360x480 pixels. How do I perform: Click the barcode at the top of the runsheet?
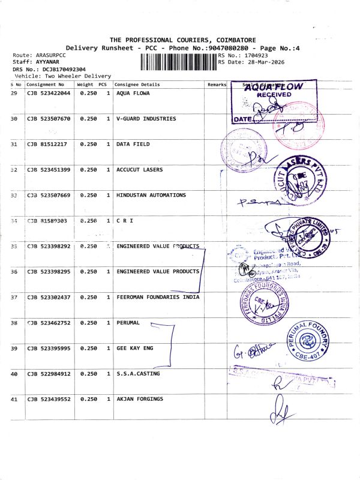click(178, 62)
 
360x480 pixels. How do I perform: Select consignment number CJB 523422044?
click(49, 94)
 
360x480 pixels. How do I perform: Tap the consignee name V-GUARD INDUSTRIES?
click(146, 119)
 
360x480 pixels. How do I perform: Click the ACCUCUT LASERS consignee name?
click(139, 170)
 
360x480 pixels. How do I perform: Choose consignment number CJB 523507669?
click(49, 196)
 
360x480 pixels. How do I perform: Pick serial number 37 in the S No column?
click(14, 298)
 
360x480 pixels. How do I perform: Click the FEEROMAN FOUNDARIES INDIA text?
click(158, 298)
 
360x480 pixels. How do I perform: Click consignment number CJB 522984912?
click(49, 374)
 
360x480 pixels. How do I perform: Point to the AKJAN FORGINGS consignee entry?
click(140, 399)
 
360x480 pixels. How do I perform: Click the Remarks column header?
click(217, 85)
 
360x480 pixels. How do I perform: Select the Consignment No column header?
click(45, 85)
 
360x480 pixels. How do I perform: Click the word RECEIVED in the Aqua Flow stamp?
click(274, 94)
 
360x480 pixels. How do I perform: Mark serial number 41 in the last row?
click(14, 399)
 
